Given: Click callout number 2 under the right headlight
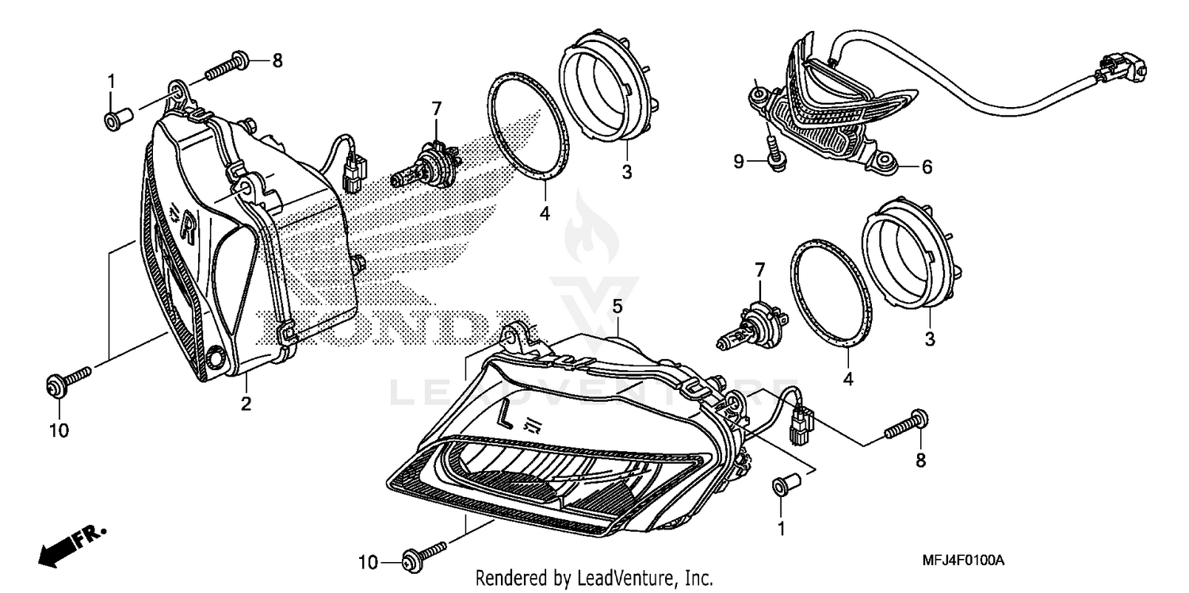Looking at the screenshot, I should (x=247, y=404).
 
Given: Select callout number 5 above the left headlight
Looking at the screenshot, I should (x=617, y=305).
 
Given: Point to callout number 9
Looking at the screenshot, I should (x=738, y=162).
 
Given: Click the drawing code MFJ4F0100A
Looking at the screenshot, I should (x=963, y=560).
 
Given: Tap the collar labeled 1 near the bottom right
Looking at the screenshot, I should (x=782, y=485).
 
